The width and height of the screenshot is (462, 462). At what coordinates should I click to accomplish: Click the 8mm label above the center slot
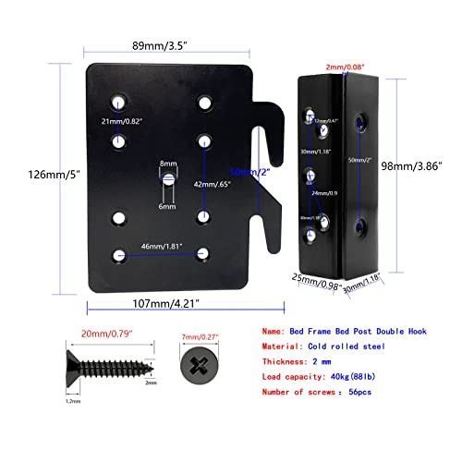(167, 163)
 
